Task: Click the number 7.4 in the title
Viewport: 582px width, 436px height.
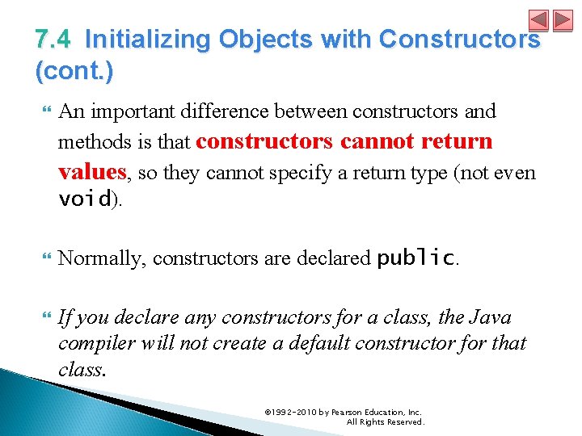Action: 53,39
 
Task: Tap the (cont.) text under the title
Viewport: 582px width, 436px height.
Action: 74,71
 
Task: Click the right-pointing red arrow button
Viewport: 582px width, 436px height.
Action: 562,21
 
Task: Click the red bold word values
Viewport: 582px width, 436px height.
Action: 92,172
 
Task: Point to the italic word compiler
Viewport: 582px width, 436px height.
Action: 91,343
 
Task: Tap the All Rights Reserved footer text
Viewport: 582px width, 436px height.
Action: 385,421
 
